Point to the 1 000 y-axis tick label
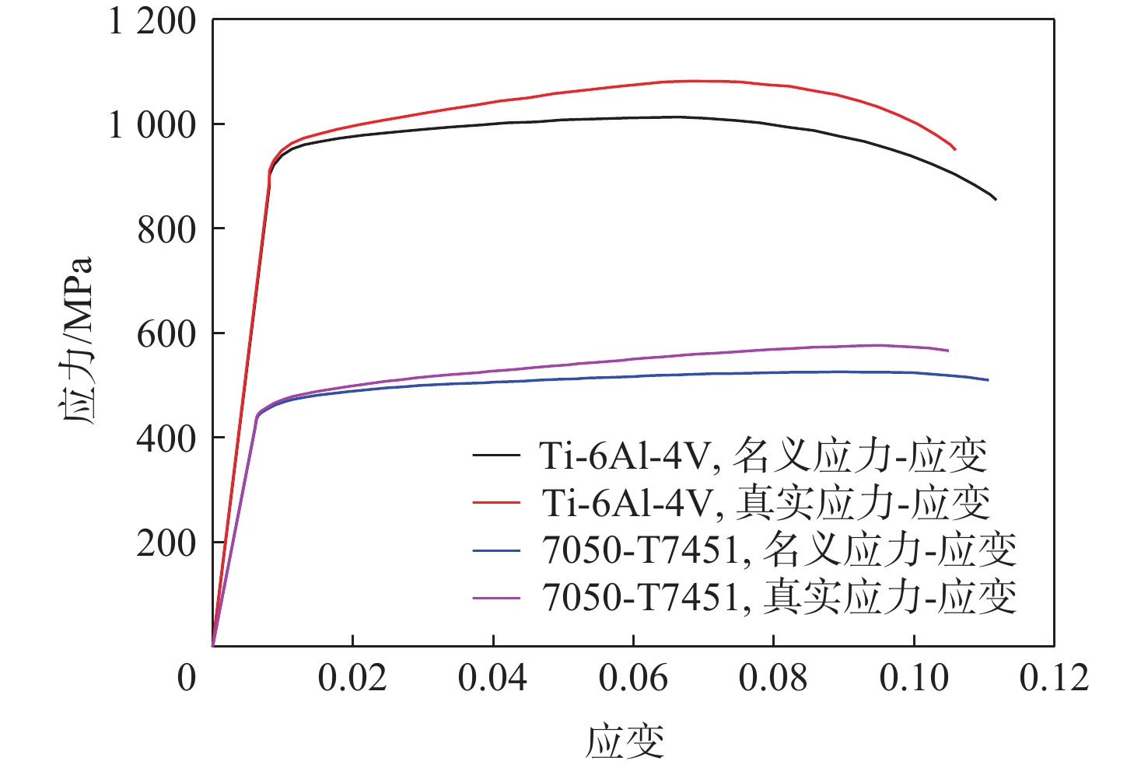(x=152, y=125)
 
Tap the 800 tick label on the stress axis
(x=166, y=229)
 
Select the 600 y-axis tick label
(x=166, y=334)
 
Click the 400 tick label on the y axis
(x=166, y=438)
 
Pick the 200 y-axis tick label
(x=166, y=543)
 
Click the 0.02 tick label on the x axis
(x=352, y=678)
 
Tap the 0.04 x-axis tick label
(x=492, y=678)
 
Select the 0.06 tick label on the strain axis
(x=633, y=678)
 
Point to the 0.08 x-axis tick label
(x=773, y=678)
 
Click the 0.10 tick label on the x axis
(x=914, y=678)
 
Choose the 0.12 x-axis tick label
(x=1054, y=678)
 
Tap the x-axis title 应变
(x=625, y=740)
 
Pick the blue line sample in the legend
(x=496, y=550)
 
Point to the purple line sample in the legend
(x=496, y=597)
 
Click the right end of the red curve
(x=955, y=149)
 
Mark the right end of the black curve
(x=996, y=200)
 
